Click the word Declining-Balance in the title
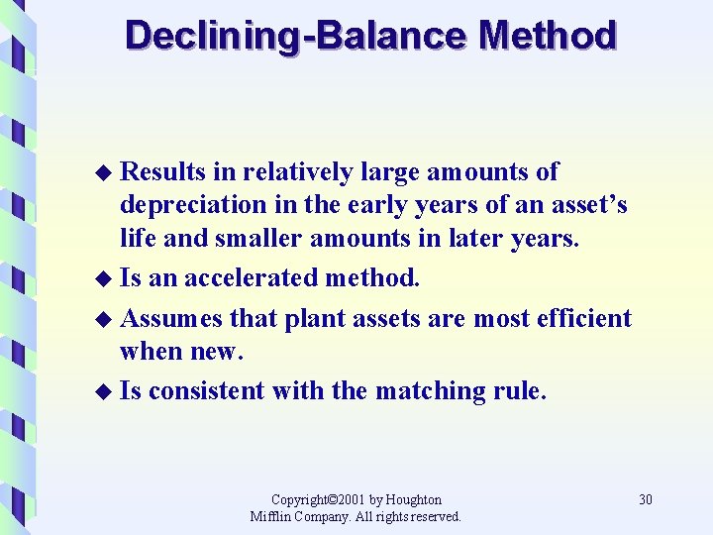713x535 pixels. click(x=296, y=36)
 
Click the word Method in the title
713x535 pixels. click(x=547, y=36)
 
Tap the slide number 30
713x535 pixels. click(x=646, y=499)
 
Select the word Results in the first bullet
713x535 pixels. click(x=163, y=172)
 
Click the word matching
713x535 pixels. click(x=428, y=390)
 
